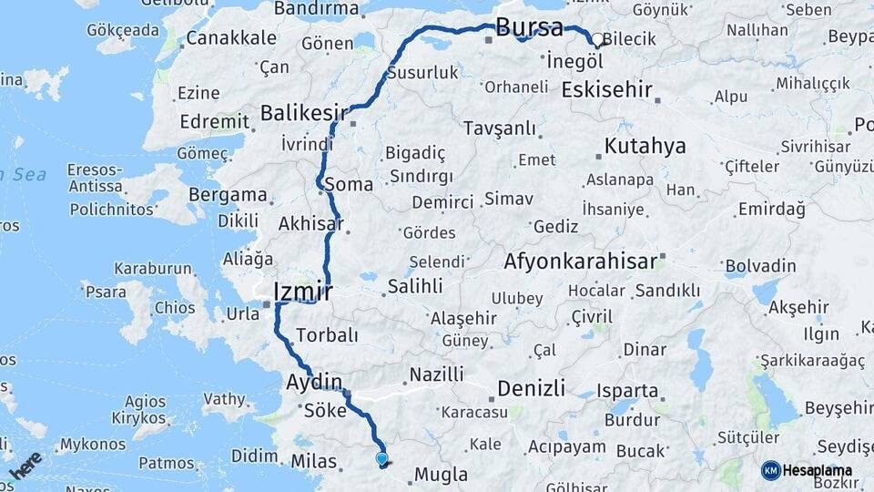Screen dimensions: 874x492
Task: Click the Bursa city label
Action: pyautogui.click(x=530, y=27)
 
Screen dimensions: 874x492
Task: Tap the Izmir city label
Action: pyautogui.click(x=303, y=292)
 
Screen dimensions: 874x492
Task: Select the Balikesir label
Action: pyautogui.click(x=305, y=113)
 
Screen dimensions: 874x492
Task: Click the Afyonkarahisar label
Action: pyautogui.click(x=580, y=262)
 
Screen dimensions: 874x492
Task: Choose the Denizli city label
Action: pyautogui.click(x=532, y=389)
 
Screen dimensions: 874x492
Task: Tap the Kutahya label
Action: pyautogui.click(x=645, y=146)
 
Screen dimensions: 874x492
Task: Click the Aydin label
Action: pyautogui.click(x=314, y=381)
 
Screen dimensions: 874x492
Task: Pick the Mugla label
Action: pyautogui.click(x=441, y=475)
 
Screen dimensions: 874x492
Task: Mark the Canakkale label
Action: pyautogui.click(x=230, y=38)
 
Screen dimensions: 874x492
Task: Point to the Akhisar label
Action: pyautogui.click(x=310, y=223)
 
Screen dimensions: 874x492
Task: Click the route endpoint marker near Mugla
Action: pyautogui.click(x=381, y=460)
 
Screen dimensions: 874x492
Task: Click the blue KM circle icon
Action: pyautogui.click(x=771, y=470)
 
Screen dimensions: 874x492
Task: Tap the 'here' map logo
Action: pyautogui.click(x=25, y=464)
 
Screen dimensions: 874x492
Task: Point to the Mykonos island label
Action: pyautogui.click(x=92, y=445)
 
